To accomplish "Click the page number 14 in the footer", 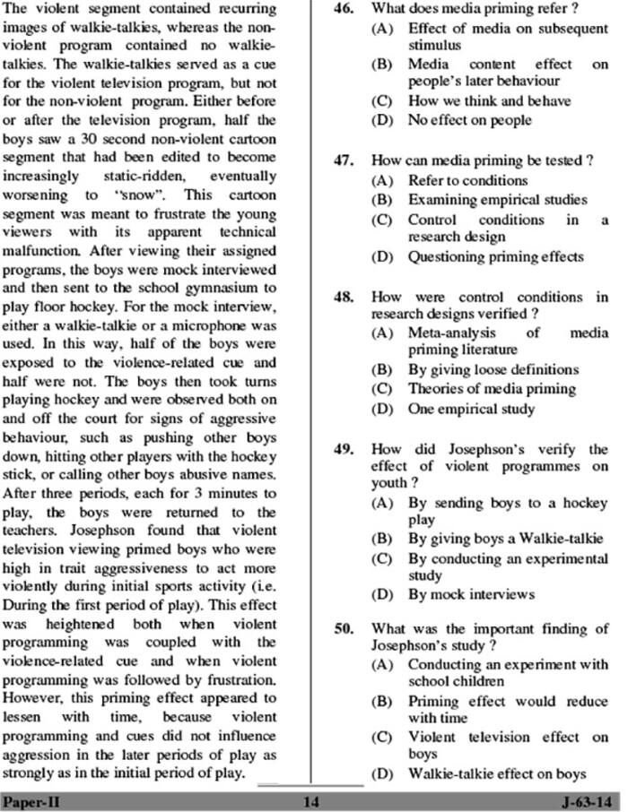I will tap(311, 800).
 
